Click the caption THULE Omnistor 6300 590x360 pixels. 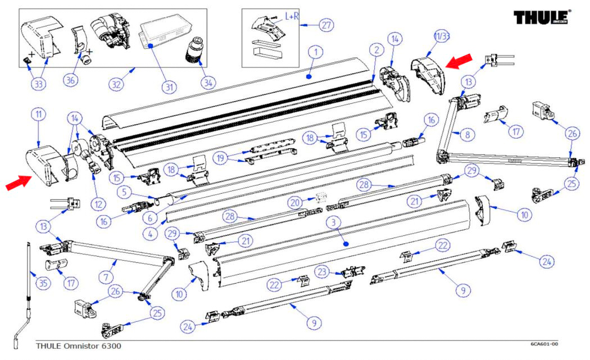(x=78, y=345)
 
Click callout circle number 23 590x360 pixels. (x=321, y=270)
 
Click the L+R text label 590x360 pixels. (x=292, y=17)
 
